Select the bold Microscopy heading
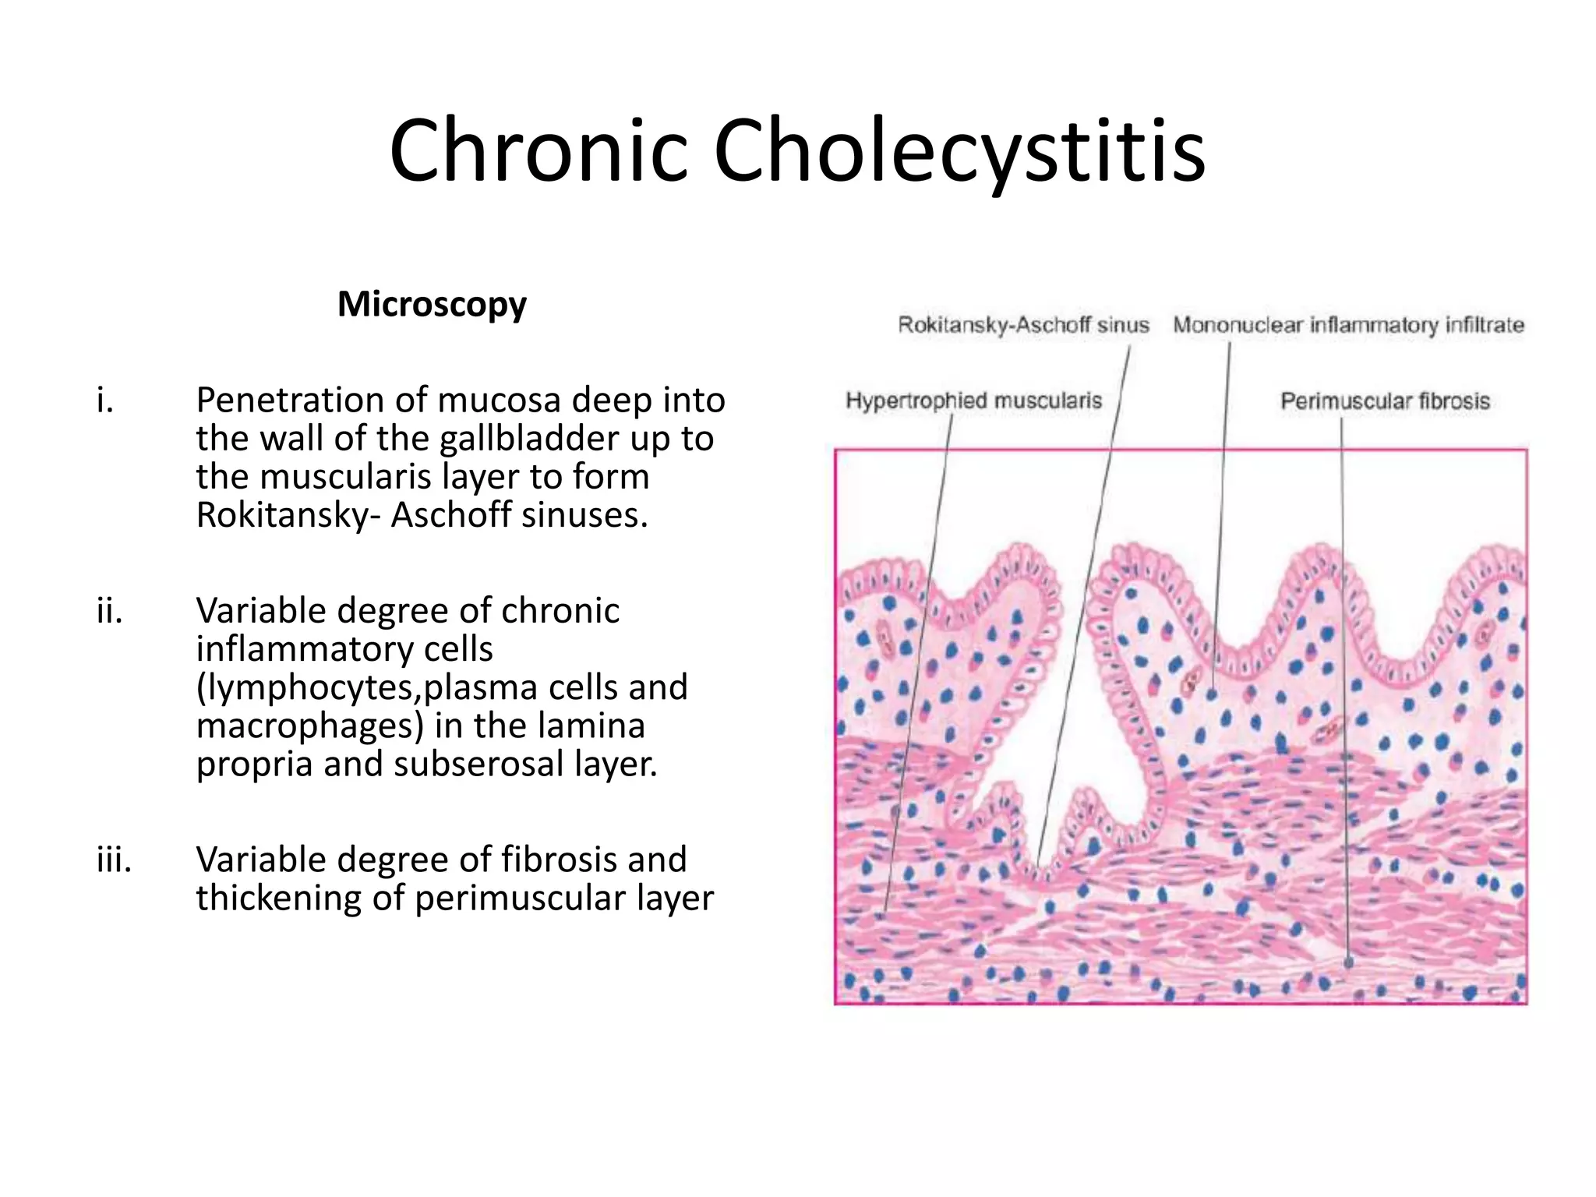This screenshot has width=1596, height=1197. point(432,303)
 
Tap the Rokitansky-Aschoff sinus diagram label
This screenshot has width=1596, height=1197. point(1023,325)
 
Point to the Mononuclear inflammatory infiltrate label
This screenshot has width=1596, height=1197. point(1348,325)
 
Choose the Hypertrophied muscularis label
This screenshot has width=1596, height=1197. point(973,401)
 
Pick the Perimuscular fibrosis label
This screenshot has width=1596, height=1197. point(1385,401)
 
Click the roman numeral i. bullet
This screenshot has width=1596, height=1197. point(105,401)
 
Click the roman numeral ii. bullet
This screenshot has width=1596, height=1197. point(110,611)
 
